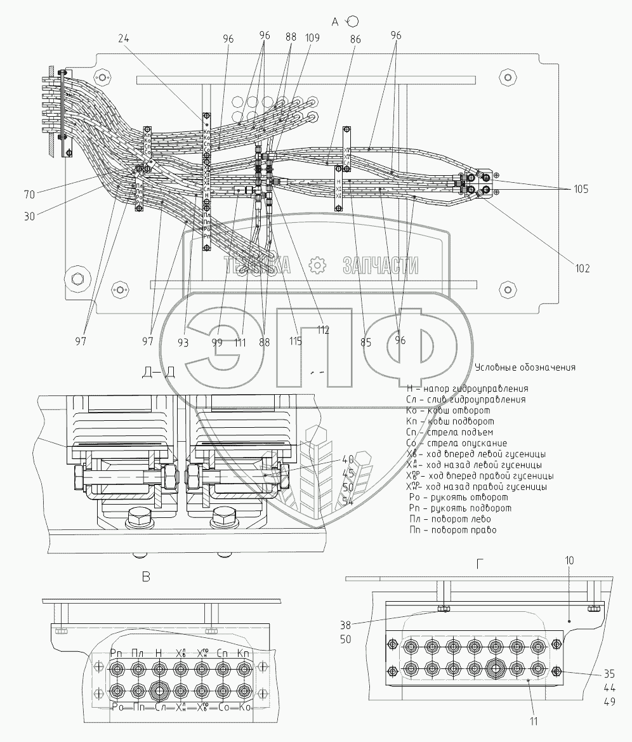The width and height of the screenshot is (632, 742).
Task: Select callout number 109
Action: (312, 38)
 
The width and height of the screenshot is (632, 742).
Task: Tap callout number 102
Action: (582, 268)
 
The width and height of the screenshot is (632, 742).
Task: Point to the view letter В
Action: (146, 577)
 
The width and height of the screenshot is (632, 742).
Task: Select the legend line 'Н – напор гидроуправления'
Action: (467, 388)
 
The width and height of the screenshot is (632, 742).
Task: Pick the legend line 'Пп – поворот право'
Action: (452, 529)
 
